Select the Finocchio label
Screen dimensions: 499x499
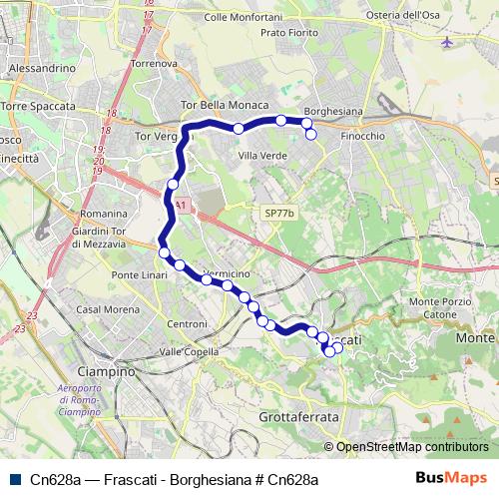click(x=361, y=135)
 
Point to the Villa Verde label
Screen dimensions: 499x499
click(x=262, y=156)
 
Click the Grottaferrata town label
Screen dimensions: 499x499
click(x=298, y=415)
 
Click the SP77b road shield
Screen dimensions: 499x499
click(x=280, y=214)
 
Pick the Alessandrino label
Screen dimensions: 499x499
click(x=41, y=68)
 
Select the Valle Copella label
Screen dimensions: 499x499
click(x=190, y=351)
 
